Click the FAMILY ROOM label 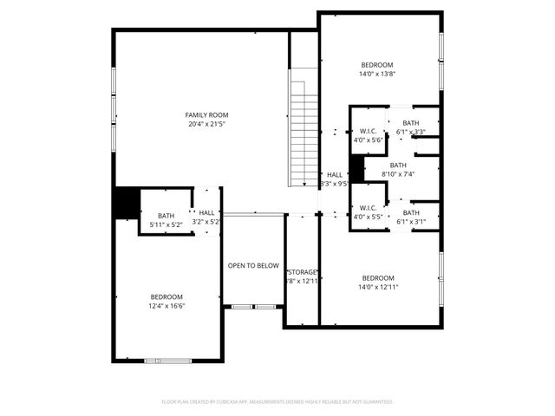coord(206,114)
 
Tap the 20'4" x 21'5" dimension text coord(206,124)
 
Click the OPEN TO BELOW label coord(253,266)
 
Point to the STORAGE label coord(303,271)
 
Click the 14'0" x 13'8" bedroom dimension coord(377,75)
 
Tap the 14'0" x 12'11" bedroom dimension coord(378,287)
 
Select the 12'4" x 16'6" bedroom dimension coord(166,305)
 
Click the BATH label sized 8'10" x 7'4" coord(397,165)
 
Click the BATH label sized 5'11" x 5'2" coord(166,216)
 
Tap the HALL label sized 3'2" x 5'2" coord(206,212)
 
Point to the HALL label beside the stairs coord(334,174)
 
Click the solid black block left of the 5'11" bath coord(127,203)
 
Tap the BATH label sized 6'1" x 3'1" coord(410,212)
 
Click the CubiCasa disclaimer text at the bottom coord(277,402)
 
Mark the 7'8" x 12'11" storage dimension coord(303,281)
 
